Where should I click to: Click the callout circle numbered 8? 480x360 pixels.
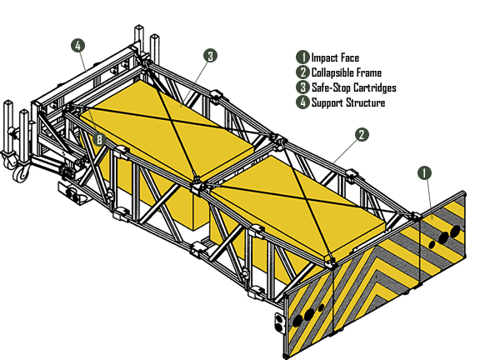click(99, 140)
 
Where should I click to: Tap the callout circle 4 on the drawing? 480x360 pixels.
click(77, 46)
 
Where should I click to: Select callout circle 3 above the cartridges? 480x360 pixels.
click(210, 56)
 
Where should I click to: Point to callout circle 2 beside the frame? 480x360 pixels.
click(362, 135)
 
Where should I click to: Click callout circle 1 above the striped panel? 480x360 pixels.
click(424, 173)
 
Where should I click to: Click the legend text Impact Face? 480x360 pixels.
click(335, 57)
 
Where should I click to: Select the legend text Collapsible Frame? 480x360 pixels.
click(347, 72)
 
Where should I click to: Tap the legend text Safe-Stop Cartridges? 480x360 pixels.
click(354, 87)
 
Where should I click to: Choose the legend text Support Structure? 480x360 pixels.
click(348, 102)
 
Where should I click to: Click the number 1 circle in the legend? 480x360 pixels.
click(302, 57)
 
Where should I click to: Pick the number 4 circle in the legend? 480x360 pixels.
click(302, 102)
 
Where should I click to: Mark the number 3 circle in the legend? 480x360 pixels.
click(302, 87)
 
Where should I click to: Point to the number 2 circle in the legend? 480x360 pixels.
click(302, 72)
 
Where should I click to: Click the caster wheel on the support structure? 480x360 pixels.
click(21, 174)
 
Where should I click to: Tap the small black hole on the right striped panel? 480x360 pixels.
click(432, 245)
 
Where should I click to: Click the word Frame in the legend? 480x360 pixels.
click(369, 72)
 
